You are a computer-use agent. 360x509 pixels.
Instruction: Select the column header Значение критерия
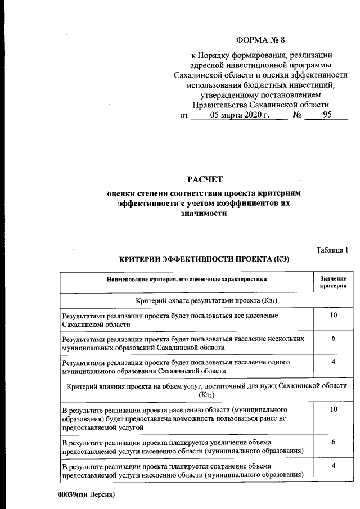tap(333, 282)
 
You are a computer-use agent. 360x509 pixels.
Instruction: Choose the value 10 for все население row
tap(333, 315)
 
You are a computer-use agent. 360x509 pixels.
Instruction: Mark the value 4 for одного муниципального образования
tap(333, 362)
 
